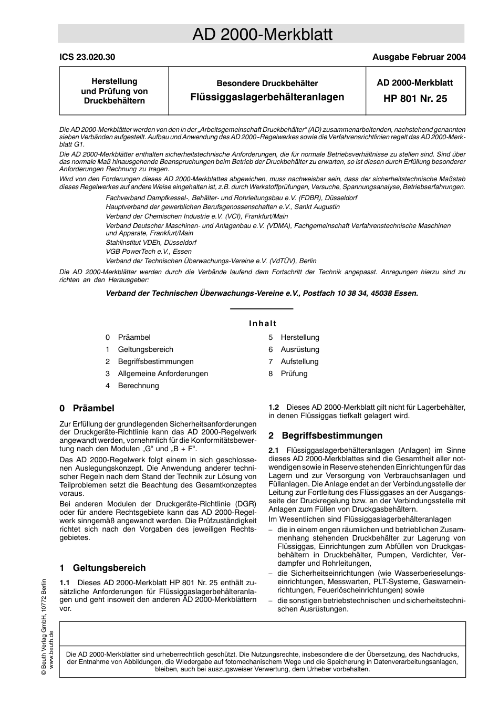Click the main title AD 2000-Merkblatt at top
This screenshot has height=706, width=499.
point(262,34)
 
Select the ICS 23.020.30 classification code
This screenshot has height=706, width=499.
point(87,57)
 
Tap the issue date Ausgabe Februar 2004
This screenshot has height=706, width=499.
point(419,57)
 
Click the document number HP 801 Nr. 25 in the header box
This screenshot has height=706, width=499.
point(415,98)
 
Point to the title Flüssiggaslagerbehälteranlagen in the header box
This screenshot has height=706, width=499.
point(267,97)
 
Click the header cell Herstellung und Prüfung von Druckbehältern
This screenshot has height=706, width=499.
point(114,91)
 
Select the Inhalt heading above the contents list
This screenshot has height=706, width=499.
point(263,324)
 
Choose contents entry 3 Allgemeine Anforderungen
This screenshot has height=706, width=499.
point(163,373)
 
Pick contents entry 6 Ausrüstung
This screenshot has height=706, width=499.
point(299,349)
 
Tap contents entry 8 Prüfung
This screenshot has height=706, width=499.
point(294,373)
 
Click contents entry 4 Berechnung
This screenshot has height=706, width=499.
point(138,386)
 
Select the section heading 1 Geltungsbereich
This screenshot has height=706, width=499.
point(103,568)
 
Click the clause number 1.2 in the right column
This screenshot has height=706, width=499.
point(274,407)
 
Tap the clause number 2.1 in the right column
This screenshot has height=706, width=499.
point(274,450)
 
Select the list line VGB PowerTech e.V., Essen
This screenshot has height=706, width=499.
point(149,252)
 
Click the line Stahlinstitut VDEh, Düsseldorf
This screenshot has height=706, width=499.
point(151,243)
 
